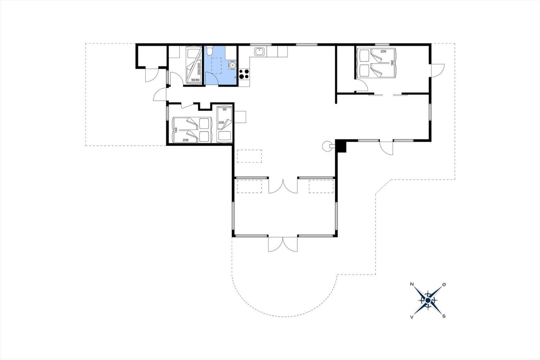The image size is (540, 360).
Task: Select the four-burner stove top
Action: click(x=244, y=74)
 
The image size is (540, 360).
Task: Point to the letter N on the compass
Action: click(x=412, y=284)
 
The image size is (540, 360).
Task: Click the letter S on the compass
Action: click(x=444, y=316)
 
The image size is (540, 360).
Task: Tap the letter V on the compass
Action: click(x=412, y=317)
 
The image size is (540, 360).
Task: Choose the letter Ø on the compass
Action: click(x=444, y=285)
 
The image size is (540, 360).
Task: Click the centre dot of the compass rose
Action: click(x=428, y=300)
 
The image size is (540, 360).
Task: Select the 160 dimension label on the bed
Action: click(x=392, y=63)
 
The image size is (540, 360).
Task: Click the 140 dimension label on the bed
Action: click(x=176, y=130)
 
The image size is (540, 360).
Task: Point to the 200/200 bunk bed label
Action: click(x=199, y=69)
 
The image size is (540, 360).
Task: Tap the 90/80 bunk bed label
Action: click(x=195, y=80)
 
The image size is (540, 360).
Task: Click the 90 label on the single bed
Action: click(x=224, y=109)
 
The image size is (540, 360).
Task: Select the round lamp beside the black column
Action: click(x=327, y=146)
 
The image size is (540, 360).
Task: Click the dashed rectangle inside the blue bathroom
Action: click(x=216, y=66)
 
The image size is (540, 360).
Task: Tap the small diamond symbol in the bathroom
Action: click(x=235, y=77)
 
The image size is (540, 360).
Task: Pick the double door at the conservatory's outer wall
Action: click(x=283, y=244)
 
